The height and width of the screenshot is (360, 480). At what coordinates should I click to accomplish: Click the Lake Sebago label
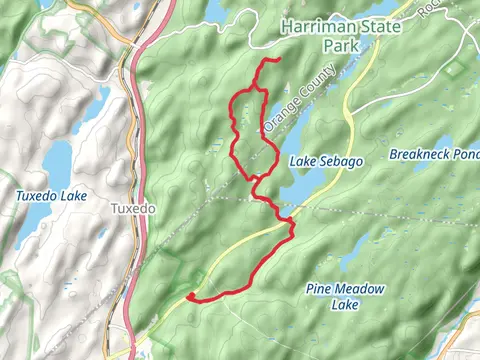click(x=326, y=161)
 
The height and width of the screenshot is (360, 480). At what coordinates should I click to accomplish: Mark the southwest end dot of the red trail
click(x=189, y=296)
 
